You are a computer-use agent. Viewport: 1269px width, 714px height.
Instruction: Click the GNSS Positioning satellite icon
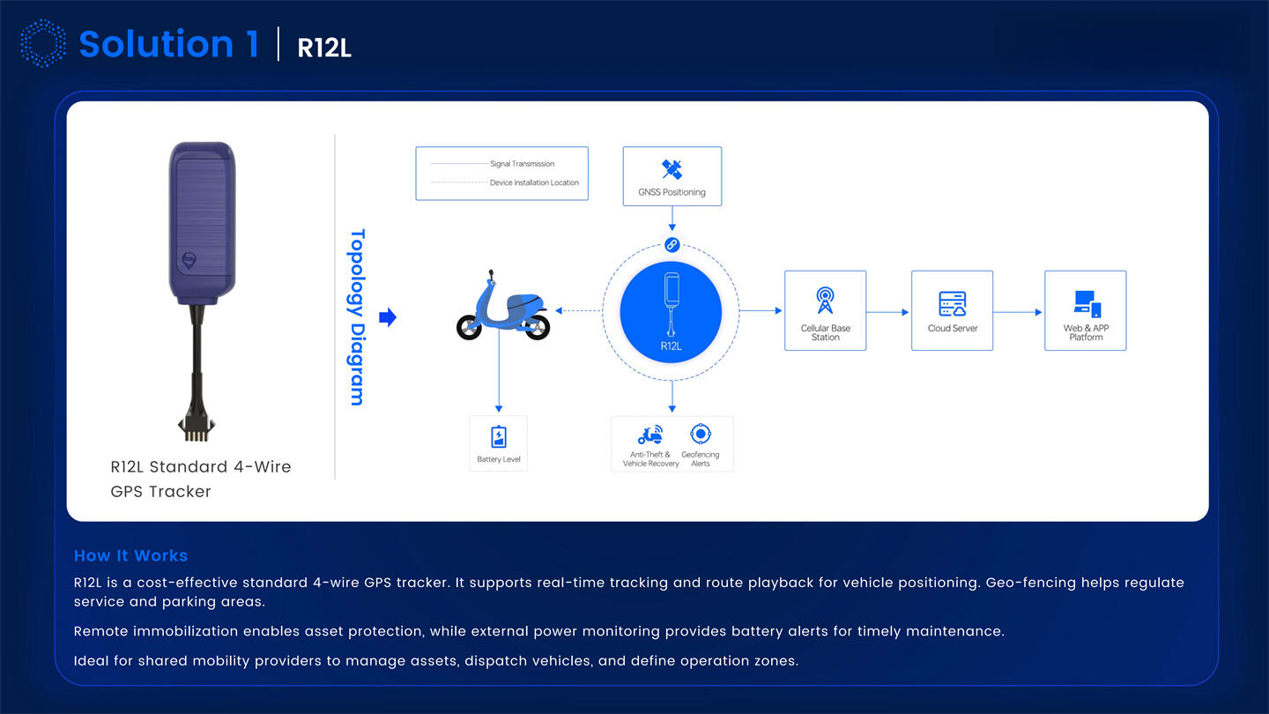coord(672,169)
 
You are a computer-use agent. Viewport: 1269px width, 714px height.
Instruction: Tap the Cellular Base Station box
coord(825,310)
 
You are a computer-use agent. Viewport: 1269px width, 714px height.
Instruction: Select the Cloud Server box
coord(952,310)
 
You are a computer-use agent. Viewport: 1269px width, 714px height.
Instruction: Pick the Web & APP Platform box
coord(1085,310)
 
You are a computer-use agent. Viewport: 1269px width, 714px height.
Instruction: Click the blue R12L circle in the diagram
coord(671,311)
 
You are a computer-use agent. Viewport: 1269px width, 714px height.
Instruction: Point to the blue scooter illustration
coord(502,308)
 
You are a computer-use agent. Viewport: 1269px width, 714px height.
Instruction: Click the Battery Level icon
coord(499,437)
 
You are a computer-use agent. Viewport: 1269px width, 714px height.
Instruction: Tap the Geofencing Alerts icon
coord(701,434)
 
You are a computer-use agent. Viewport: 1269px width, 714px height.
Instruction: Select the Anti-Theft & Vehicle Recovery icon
coord(650,435)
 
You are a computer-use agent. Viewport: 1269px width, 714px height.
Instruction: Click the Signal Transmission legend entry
coord(523,164)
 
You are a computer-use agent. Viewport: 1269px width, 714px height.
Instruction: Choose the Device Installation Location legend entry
coord(534,183)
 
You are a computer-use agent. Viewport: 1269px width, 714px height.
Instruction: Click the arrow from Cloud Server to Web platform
coord(1019,312)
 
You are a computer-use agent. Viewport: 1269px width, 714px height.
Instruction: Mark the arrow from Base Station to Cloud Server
coord(888,312)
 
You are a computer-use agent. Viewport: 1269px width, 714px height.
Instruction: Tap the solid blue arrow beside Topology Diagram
coord(387,317)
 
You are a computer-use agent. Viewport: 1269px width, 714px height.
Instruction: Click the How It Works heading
coord(130,555)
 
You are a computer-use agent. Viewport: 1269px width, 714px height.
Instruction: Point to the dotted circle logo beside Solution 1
coord(42,44)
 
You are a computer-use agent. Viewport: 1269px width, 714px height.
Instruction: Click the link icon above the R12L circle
coord(672,245)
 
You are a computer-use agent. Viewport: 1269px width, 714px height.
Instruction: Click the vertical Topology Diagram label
coord(357,317)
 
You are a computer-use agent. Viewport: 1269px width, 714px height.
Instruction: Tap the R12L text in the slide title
coord(324,48)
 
